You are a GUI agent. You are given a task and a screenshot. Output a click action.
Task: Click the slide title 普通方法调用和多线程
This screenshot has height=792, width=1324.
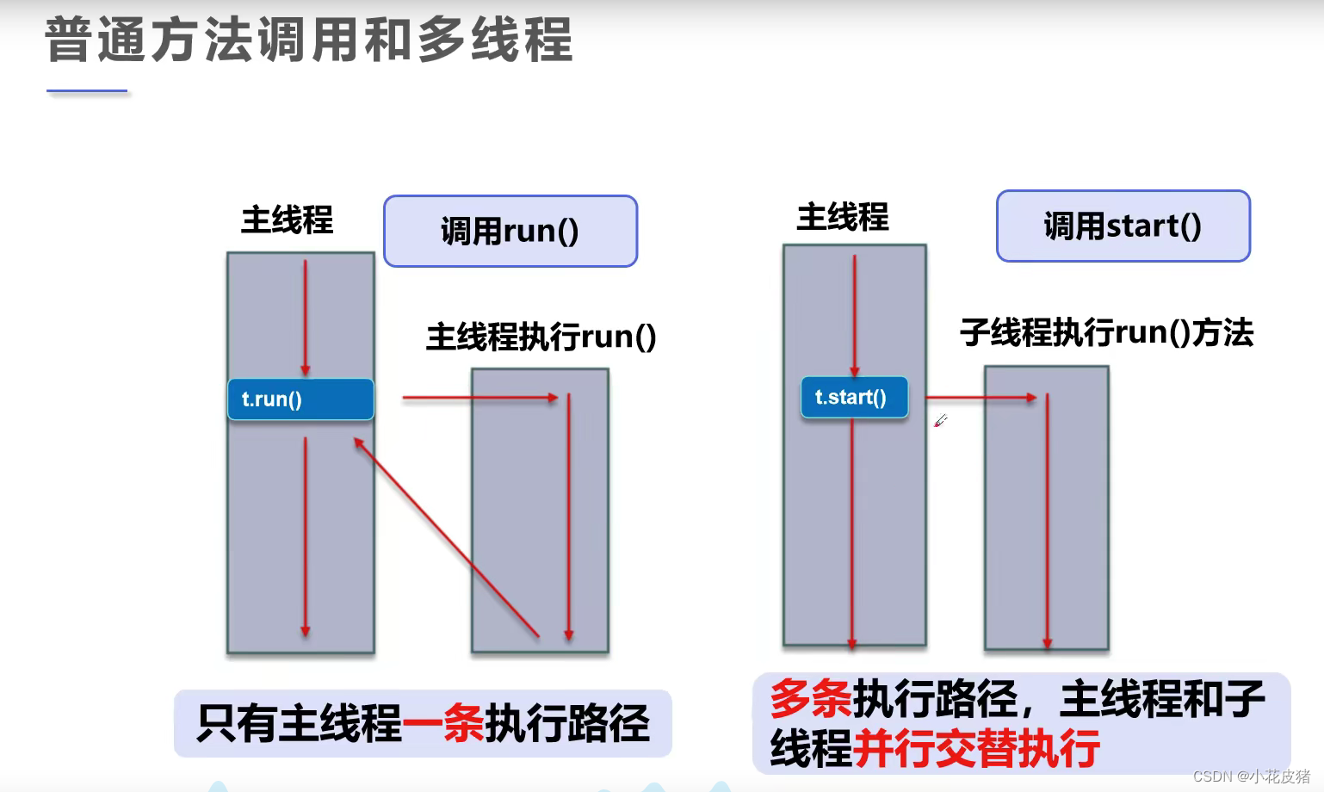point(308,40)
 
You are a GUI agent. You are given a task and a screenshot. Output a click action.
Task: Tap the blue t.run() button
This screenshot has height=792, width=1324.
point(300,399)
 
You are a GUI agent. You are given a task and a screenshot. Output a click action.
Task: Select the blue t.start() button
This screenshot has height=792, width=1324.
point(853,397)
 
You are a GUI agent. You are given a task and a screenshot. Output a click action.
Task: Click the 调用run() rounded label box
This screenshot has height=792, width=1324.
point(510,231)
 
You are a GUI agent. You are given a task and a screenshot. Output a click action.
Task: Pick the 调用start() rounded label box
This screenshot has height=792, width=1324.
point(1123,226)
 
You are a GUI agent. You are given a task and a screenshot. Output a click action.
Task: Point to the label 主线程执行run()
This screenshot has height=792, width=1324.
point(541,337)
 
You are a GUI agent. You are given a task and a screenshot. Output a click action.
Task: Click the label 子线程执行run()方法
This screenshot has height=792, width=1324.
point(1106,332)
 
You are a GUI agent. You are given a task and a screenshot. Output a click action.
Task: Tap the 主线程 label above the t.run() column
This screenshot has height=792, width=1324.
point(287,220)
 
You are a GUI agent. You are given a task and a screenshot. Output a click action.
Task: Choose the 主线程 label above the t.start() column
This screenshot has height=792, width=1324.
point(842,217)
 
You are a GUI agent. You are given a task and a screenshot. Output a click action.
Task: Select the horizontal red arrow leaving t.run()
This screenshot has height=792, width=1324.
point(479,398)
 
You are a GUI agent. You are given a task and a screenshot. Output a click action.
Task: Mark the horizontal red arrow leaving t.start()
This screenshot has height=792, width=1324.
point(981,398)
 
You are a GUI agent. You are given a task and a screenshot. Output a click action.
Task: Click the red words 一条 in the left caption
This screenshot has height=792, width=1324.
point(442,723)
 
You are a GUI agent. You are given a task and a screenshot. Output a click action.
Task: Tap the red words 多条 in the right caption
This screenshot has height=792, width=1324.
point(810,698)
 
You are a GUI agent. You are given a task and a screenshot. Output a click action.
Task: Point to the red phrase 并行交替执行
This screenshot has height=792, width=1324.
point(976,748)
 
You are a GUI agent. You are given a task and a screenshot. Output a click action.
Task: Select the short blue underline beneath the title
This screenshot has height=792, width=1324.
point(87,90)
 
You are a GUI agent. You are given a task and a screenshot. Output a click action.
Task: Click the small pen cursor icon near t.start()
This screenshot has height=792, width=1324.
point(941,421)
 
